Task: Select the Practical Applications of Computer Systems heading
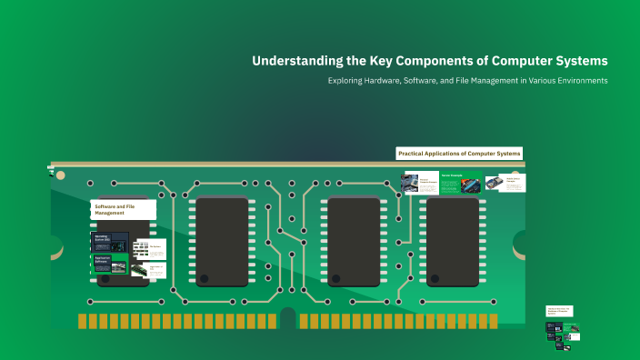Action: [459, 154]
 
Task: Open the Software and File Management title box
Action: [123, 210]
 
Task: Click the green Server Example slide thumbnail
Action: [461, 182]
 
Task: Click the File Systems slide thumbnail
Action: [150, 247]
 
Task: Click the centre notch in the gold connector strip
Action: [288, 319]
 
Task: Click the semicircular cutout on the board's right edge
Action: [521, 242]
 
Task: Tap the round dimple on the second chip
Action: [205, 277]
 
